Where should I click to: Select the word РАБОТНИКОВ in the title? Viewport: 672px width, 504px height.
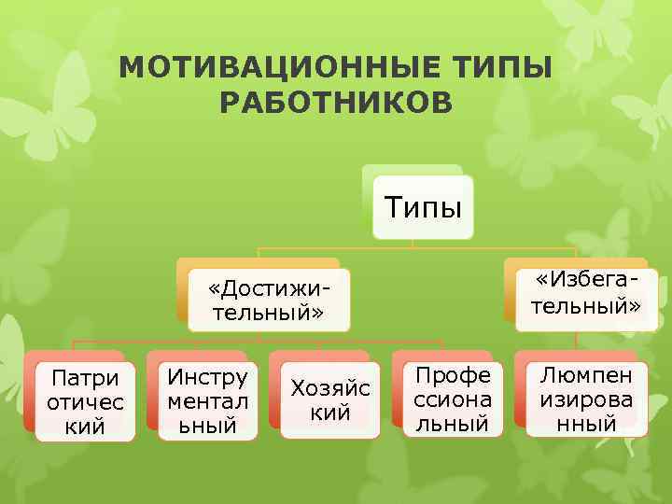(336, 102)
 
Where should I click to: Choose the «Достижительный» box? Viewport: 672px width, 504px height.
(269, 298)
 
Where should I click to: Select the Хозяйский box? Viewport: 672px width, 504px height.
(330, 399)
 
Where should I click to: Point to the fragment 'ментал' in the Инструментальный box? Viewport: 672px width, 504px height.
(207, 402)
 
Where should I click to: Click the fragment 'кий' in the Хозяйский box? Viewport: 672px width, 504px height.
(330, 412)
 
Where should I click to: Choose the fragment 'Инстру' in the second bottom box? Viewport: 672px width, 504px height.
(207, 378)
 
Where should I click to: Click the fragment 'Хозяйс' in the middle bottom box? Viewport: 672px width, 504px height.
(330, 387)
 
